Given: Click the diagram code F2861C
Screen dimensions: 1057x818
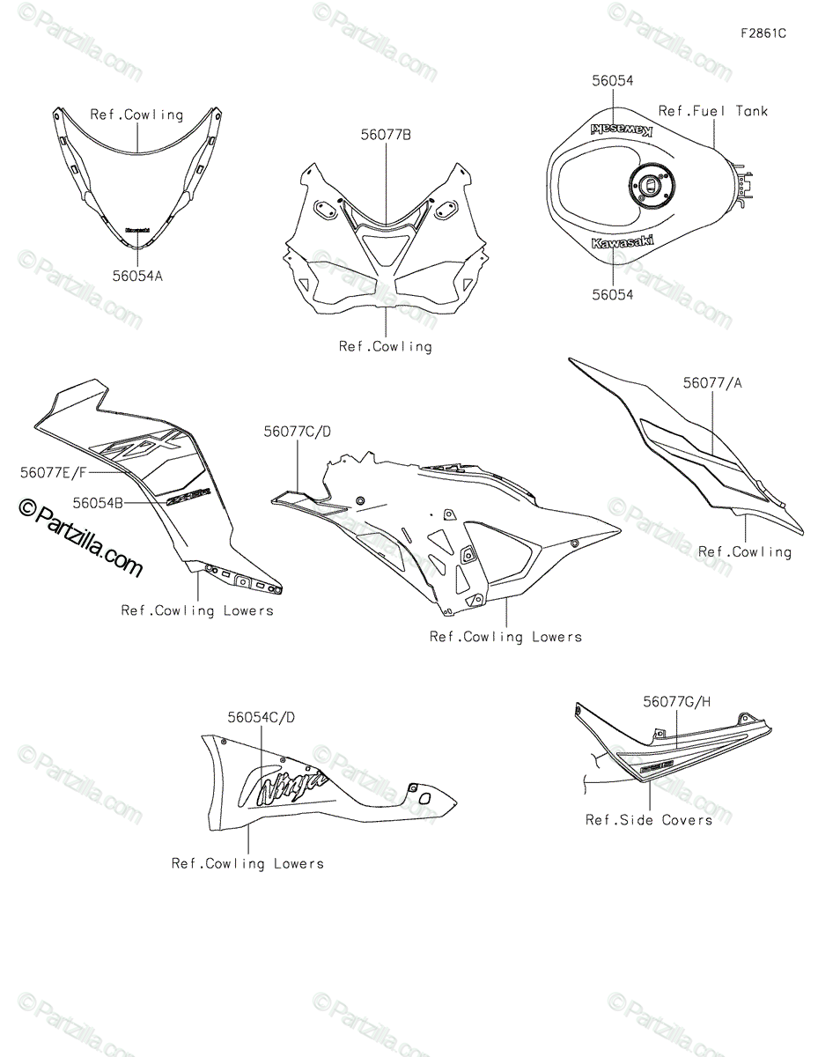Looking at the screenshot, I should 763,34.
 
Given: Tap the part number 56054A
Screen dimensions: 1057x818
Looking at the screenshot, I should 137,276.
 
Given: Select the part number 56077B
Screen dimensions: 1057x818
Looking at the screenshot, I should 385,136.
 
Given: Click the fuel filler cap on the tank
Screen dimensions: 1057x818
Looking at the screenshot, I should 649,187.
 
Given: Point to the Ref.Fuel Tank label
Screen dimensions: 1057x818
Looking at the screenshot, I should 713,111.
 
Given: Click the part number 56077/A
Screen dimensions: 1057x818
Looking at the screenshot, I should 712,383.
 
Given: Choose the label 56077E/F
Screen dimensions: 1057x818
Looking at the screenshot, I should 55,472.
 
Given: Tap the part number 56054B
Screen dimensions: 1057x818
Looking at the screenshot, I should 98,502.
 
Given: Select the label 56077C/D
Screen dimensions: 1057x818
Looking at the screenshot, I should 297,432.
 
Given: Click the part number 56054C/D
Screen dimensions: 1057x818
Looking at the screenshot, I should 262,717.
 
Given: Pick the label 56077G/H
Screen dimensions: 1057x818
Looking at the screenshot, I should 676,702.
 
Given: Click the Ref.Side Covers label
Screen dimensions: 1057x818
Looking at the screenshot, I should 649,820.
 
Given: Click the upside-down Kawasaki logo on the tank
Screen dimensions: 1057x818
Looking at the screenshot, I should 621,130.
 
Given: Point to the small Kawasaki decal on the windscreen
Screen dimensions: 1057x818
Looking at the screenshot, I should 136,231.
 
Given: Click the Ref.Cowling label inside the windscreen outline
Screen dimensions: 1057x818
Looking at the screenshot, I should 136,115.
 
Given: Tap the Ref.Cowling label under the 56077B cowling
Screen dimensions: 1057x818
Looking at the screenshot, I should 385,346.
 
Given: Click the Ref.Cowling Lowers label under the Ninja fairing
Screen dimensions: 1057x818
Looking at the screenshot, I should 247,864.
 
